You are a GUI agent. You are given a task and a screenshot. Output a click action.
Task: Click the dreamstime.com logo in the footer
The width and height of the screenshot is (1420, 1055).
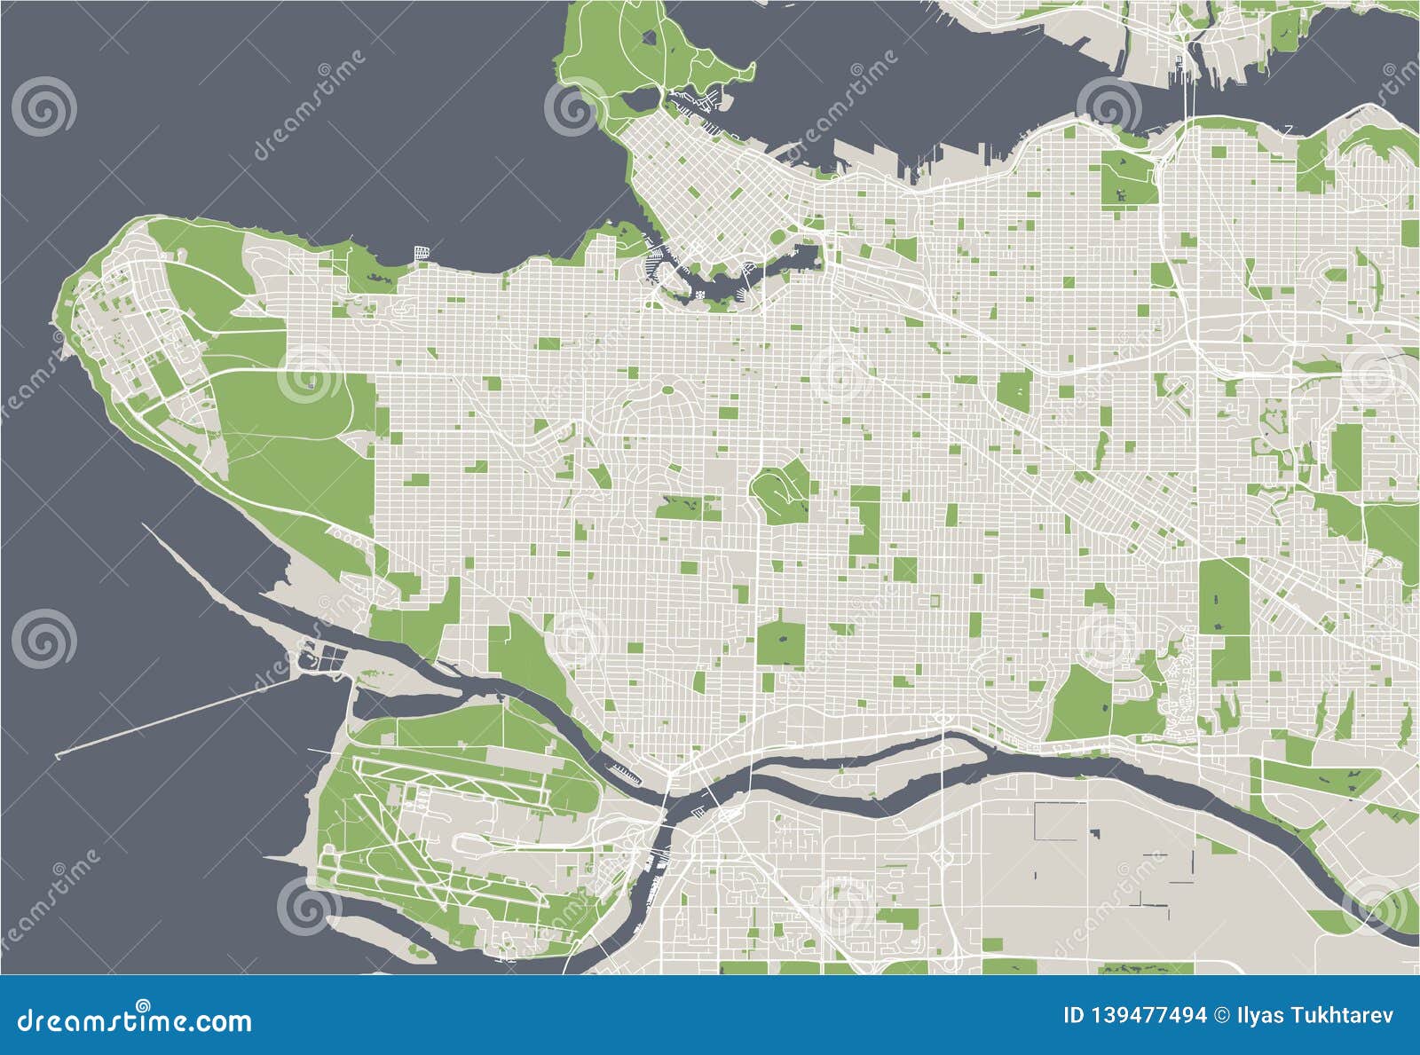pos(134,1020)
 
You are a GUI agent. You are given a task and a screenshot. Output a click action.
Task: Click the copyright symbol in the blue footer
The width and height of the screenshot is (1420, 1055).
pos(1221,1015)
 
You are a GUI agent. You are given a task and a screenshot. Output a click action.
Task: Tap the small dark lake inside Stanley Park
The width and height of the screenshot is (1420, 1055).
pos(650,38)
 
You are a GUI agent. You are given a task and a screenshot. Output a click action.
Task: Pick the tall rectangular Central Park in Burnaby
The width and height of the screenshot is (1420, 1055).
pos(1224,596)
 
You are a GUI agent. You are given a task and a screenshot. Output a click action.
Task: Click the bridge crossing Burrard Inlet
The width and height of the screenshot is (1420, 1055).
pos(1187,89)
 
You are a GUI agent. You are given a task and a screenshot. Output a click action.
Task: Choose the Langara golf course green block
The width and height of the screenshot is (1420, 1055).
pos(781,643)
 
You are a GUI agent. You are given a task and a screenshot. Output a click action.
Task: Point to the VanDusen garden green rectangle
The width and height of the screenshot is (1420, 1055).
pos(688,507)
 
